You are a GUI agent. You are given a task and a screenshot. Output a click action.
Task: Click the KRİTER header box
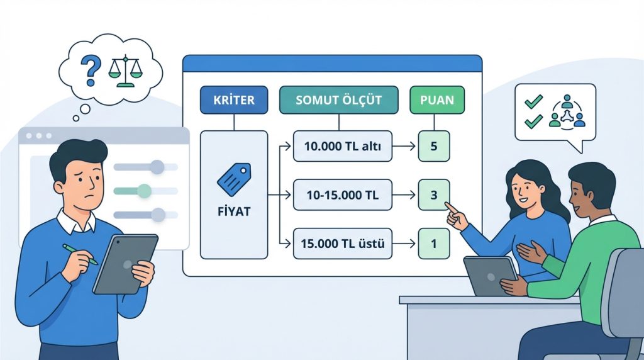(x=233, y=100)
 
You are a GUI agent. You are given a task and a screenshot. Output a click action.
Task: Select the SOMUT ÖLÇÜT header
(x=338, y=100)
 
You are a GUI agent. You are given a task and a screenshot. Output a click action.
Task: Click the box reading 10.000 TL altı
(x=342, y=147)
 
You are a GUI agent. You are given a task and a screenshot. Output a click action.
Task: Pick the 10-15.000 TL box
(x=342, y=195)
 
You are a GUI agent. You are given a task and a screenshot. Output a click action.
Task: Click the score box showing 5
(x=434, y=147)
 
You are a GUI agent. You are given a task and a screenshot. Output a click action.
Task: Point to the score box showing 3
(x=434, y=195)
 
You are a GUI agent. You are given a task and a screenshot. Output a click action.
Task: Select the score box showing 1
(x=434, y=242)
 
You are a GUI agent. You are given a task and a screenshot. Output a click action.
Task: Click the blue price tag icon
(x=233, y=178)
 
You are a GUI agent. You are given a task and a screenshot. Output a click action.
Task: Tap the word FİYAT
(x=233, y=211)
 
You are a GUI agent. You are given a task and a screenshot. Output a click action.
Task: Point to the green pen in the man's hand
(x=80, y=253)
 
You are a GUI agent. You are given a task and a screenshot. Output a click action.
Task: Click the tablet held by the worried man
(x=125, y=264)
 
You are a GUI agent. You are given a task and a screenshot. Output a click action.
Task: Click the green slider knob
(x=144, y=190)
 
